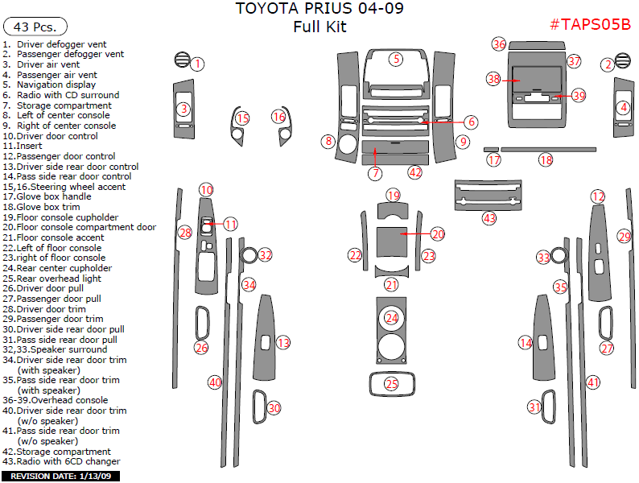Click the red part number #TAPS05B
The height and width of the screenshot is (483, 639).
589,24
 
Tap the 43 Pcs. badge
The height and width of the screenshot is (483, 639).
35,27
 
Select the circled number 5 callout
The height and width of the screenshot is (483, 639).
397,59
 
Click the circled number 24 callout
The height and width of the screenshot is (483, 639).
391,318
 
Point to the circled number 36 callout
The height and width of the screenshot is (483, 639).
499,44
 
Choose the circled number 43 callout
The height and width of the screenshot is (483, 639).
489,217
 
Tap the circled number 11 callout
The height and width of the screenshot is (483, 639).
230,225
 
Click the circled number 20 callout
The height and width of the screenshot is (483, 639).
437,233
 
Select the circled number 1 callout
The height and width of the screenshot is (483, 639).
197,64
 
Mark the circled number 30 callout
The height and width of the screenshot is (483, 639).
274,408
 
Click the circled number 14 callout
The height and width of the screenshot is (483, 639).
525,343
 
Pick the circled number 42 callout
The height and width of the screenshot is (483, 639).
414,171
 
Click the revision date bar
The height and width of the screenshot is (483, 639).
61,477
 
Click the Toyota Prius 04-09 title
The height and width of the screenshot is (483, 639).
319,10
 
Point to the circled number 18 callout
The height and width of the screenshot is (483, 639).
546,160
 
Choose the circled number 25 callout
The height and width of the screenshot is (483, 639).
391,384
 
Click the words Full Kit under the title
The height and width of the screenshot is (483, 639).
319,27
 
